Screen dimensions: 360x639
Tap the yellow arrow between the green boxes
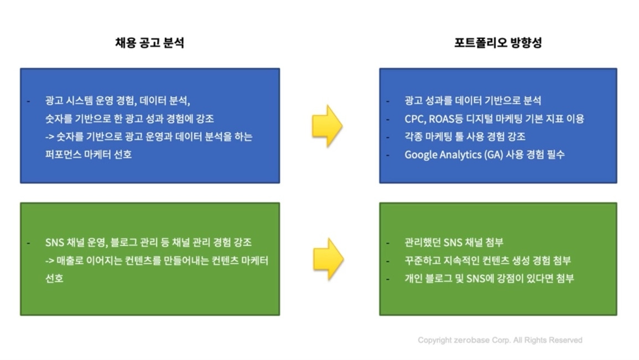328,258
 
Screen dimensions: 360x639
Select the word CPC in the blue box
414,119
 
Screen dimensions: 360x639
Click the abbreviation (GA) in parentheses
494,155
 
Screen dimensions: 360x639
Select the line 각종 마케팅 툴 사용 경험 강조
465,137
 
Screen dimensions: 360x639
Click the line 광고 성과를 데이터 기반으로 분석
472,101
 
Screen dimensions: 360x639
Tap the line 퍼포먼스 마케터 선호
89,154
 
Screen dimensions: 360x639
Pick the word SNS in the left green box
54,242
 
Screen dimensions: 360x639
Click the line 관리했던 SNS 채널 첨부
454,242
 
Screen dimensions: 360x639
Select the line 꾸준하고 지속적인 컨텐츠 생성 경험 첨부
487,260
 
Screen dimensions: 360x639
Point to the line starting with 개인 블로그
489,278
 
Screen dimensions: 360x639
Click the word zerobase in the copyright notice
472,341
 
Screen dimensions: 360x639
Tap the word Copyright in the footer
435,341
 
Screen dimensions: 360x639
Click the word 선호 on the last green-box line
54,278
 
